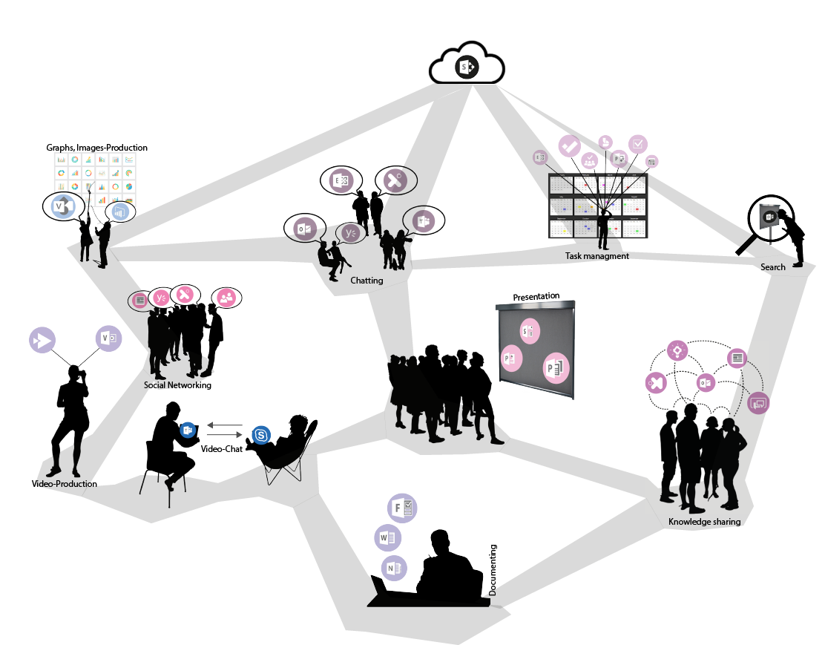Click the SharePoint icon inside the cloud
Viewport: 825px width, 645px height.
(467, 67)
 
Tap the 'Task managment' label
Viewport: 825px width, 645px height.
(596, 256)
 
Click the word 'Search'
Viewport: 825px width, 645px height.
(772, 267)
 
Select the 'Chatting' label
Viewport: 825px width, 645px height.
(367, 281)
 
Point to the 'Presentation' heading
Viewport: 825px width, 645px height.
(536, 296)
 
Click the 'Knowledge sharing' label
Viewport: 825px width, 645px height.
(705, 522)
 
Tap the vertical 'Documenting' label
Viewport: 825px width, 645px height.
(493, 570)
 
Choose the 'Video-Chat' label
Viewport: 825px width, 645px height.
(222, 449)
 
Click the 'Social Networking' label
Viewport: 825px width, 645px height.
(177, 385)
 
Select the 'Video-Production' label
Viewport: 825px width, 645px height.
(65, 484)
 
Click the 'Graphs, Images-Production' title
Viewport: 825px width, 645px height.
(96, 148)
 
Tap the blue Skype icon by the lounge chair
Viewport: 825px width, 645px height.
(261, 436)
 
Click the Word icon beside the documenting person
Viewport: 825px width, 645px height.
(388, 538)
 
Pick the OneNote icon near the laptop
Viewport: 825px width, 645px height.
(394, 568)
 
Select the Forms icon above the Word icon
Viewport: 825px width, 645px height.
(402, 508)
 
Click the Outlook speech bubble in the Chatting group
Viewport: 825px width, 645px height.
(305, 229)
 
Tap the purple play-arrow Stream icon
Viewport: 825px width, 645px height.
(42, 340)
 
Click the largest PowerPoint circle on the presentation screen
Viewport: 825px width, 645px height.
(556, 367)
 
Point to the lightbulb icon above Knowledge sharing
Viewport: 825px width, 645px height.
(677, 350)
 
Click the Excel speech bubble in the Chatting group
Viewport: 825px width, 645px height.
(341, 180)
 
